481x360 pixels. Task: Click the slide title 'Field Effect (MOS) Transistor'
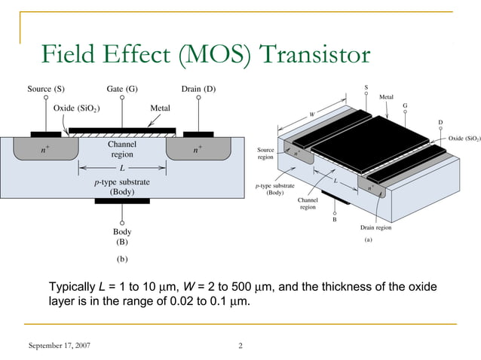point(206,55)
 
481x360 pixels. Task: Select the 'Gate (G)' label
point(121,89)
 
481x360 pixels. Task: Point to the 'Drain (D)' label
point(198,89)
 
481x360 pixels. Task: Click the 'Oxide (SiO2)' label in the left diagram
point(78,108)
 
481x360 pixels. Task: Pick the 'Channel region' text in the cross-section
point(121,148)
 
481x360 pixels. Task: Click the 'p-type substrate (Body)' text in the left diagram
point(121,187)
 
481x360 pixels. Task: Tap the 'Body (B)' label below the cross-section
point(121,237)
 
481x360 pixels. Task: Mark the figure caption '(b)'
point(121,258)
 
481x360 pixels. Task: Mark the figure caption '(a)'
point(369,240)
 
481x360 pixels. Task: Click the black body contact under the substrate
point(121,201)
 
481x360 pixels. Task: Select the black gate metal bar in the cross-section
point(121,130)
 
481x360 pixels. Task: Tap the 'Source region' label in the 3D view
point(265,154)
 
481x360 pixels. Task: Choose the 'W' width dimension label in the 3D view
point(311,114)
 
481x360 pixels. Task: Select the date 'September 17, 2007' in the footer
point(59,346)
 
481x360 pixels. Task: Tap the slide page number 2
point(240,346)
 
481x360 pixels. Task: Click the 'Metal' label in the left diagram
point(160,108)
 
